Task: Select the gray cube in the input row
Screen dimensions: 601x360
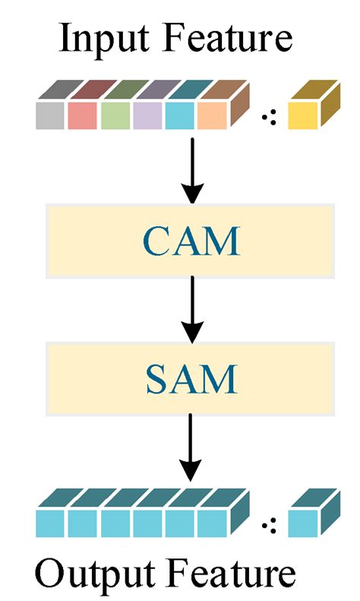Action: click(51, 115)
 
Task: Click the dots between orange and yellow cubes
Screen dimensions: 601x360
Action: click(268, 116)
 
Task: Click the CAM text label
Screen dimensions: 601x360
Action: click(192, 241)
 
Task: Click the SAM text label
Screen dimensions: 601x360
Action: click(192, 378)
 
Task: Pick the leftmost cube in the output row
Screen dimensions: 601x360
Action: click(51, 523)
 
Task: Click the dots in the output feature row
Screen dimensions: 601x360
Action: click(268, 523)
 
